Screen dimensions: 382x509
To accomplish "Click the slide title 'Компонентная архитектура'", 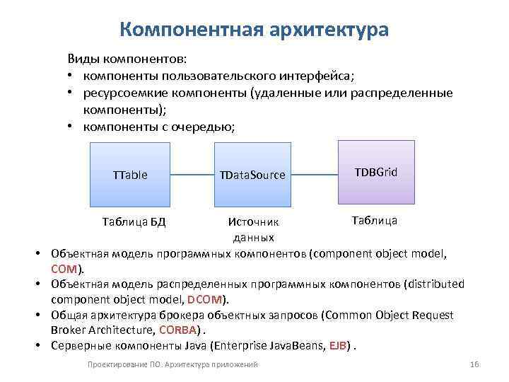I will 254,30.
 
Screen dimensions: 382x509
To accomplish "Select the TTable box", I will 130,174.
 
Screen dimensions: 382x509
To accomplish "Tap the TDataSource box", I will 252,174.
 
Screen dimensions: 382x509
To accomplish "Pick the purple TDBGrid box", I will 376,171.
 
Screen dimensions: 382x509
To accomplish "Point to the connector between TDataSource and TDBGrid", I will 315,174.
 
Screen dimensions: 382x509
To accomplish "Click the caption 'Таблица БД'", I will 134,221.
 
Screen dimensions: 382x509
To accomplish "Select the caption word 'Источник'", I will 252,222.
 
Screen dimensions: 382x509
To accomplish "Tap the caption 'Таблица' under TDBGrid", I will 374,220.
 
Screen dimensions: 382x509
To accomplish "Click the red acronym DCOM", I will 205,299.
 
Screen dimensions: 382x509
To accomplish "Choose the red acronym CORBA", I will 179,330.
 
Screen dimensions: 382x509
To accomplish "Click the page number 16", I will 474,364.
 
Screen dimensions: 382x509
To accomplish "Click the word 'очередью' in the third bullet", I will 206,127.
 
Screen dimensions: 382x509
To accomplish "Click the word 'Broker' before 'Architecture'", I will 68,330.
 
